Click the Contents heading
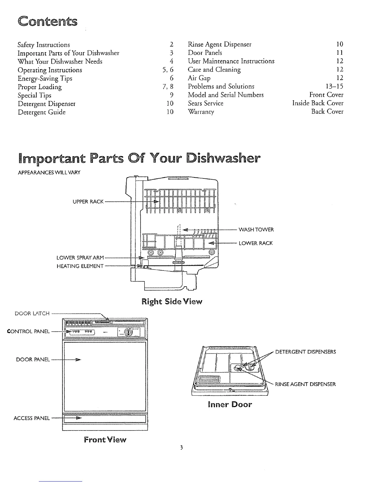click(x=48, y=22)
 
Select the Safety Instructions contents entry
click(x=44, y=45)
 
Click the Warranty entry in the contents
click(x=201, y=112)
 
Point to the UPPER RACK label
click(x=88, y=202)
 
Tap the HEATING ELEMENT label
click(x=80, y=266)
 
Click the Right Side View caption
click(x=172, y=302)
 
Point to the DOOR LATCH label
click(x=32, y=313)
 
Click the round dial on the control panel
click(x=128, y=332)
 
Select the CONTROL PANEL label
click(x=28, y=332)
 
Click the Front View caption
click(x=105, y=440)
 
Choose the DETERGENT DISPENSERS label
click(x=306, y=352)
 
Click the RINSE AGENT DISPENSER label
click(x=305, y=384)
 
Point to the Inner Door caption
click(x=230, y=405)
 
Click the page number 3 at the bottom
click(x=181, y=448)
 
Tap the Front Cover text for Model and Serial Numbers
click(x=326, y=95)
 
